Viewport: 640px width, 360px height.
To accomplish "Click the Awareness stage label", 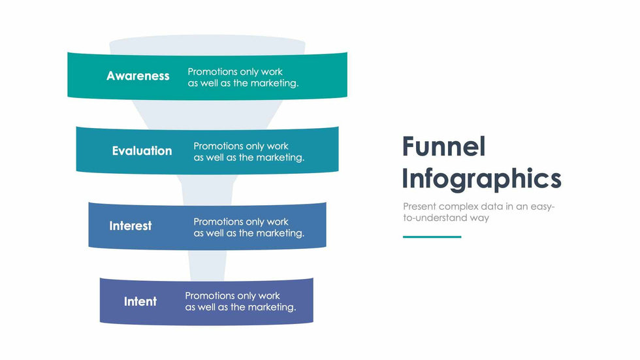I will tap(138, 76).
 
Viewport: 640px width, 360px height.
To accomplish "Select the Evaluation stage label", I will tap(142, 151).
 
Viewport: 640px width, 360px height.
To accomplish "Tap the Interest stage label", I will tap(131, 226).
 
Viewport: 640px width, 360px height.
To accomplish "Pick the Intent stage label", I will tap(140, 302).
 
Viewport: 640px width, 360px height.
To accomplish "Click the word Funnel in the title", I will tap(443, 147).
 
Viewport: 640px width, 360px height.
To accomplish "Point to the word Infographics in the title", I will tap(481, 178).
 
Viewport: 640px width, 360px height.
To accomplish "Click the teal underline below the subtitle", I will tap(432, 237).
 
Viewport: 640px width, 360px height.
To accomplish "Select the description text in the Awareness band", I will tap(243, 77).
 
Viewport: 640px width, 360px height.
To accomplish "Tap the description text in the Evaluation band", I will tap(249, 152).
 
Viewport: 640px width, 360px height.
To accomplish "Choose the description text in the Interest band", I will tap(249, 227).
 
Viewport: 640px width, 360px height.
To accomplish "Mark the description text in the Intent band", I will tap(240, 301).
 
